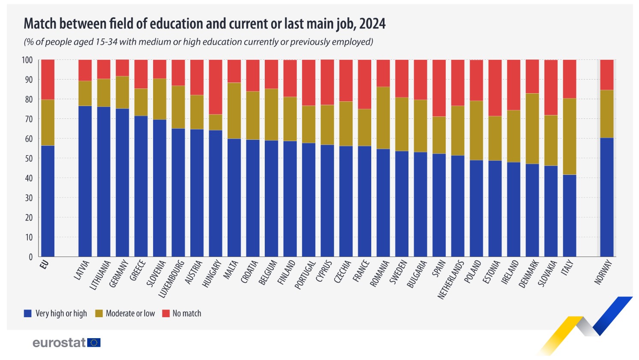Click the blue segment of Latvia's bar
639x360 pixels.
[85, 181]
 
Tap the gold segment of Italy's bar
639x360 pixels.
[569, 136]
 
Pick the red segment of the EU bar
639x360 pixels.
[47, 80]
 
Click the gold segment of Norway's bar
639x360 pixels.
[606, 114]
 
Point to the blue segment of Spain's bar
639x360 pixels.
[439, 205]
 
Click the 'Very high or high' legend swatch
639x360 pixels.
[28, 313]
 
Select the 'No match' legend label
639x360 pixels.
[186, 313]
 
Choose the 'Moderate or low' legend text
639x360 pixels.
[130, 313]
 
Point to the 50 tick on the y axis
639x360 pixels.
[29, 159]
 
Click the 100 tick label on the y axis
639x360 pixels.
[27, 60]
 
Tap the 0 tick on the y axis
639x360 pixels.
[30, 257]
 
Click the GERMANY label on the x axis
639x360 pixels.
[119, 274]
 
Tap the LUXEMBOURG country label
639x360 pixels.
[171, 279]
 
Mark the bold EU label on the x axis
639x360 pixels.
[44, 264]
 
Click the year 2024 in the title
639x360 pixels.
[372, 24]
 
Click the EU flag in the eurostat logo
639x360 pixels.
[94, 342]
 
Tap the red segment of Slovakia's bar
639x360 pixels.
[550, 87]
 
